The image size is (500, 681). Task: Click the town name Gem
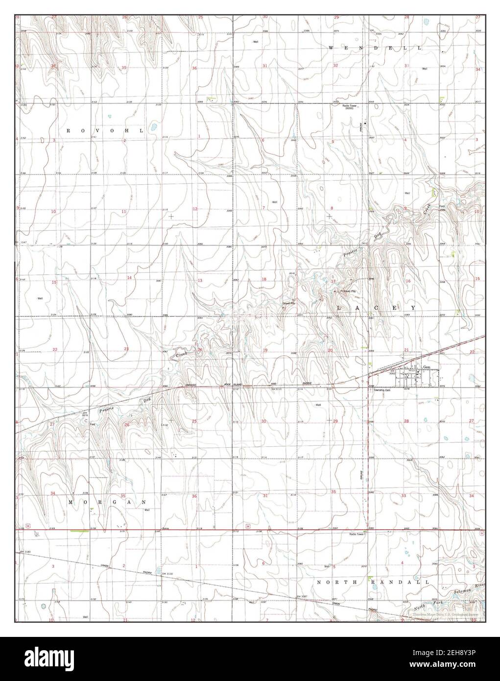[426, 366]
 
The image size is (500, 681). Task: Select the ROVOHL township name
[105, 131]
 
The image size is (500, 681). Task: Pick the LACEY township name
[376, 308]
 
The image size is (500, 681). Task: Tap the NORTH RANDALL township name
[373, 582]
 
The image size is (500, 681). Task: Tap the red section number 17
[333, 281]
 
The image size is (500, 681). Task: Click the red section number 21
[406, 350]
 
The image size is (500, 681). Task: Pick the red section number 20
[330, 350]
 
